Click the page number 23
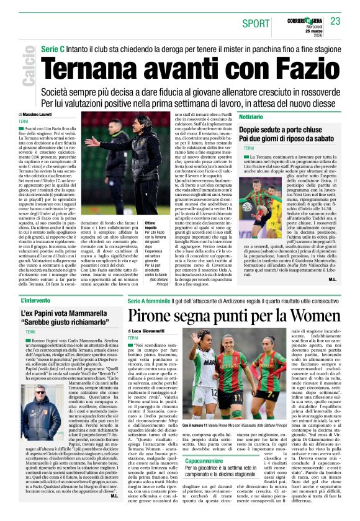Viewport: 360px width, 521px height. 336,21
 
